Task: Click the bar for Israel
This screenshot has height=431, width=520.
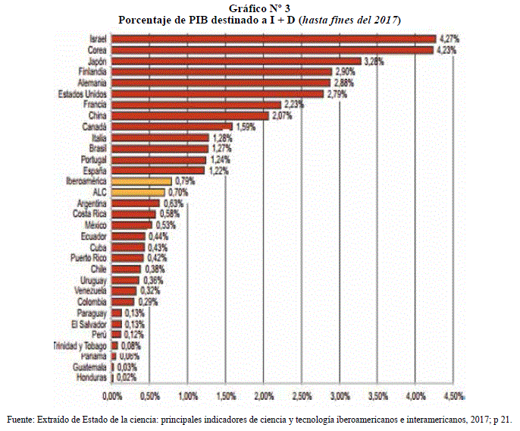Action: coord(273,38)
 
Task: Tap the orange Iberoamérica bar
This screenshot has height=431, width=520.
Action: coord(141,181)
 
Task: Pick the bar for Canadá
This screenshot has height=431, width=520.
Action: coord(171,126)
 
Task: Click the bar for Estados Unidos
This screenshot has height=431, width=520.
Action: coord(217,93)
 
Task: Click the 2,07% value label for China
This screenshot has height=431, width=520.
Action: coord(281,115)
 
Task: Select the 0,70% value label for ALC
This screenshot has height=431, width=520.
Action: coord(177,193)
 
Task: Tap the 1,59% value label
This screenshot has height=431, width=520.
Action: coord(245,127)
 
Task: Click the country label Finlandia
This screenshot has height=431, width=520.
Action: coord(92,71)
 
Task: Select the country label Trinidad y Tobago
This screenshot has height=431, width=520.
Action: coord(80,345)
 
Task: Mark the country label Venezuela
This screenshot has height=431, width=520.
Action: coord(92,291)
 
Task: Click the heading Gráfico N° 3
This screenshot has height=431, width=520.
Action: coord(259,7)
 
